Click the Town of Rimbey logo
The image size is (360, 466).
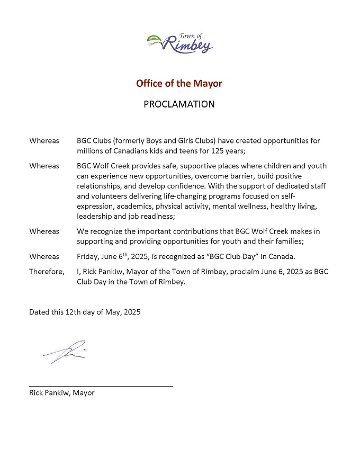pos(179,43)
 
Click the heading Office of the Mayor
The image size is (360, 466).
pos(179,83)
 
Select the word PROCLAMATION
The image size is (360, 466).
pos(179,104)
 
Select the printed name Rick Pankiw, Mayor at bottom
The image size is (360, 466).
pos(61,393)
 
